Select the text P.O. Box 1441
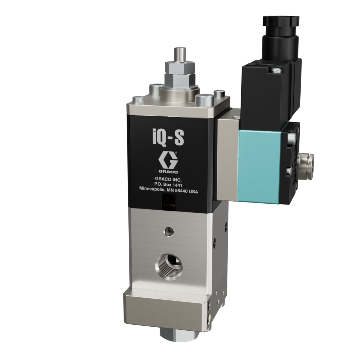[x=168, y=185]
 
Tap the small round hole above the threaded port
[x=169, y=232]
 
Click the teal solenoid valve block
[x=259, y=164]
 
